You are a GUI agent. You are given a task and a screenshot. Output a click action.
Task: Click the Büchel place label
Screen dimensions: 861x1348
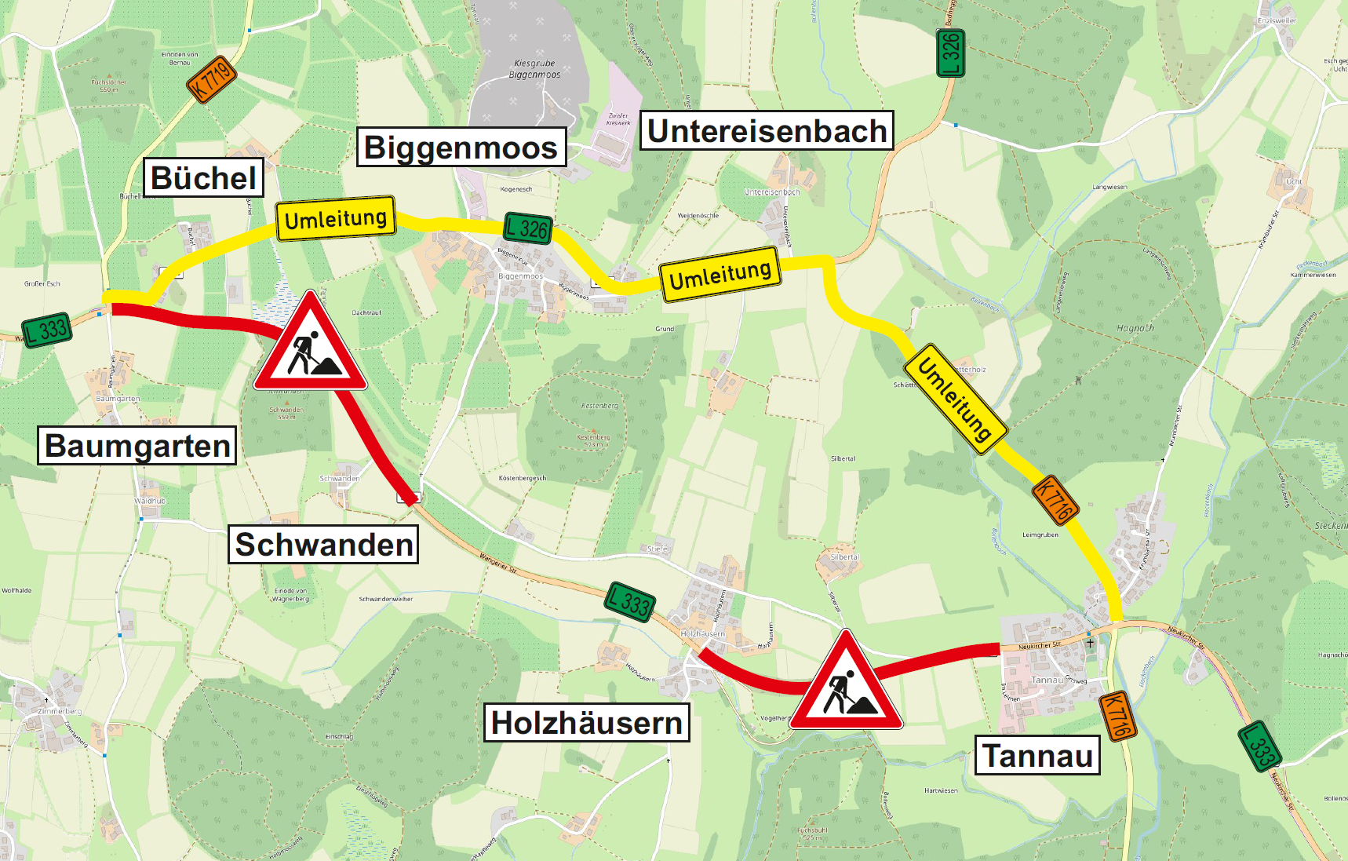203,178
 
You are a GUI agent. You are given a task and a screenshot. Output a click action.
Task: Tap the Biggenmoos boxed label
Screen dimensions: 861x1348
461,147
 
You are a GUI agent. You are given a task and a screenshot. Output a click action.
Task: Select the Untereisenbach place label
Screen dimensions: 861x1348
767,131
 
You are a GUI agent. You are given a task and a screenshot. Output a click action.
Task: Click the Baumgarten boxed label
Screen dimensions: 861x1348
137,446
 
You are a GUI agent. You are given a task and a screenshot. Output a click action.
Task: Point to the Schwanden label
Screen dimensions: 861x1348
323,545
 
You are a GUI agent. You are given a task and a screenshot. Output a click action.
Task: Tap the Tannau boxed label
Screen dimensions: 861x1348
1037,756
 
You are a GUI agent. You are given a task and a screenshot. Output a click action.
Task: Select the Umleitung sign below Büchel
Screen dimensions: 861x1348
336,218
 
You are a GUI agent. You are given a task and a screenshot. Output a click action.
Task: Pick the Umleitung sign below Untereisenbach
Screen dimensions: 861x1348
720,274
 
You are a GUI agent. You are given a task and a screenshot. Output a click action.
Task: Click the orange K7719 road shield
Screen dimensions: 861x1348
212,79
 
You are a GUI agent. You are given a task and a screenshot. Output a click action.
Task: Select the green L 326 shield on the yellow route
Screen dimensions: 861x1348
527,228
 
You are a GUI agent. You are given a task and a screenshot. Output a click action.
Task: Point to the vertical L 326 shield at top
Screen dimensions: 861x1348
951,53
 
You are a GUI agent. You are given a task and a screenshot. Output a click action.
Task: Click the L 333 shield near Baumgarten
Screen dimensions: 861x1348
46,330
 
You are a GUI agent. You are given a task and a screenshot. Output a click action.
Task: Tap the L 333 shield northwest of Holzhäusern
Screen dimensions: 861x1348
630,603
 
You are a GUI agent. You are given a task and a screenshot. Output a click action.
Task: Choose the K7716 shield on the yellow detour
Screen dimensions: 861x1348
1055,500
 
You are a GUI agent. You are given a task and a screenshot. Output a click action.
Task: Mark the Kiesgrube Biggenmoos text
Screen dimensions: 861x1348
534,69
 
